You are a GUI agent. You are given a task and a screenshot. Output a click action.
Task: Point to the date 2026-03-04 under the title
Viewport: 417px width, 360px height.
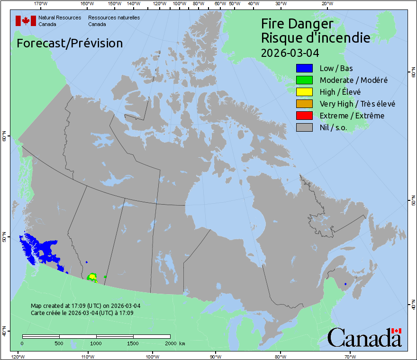[x=289, y=52]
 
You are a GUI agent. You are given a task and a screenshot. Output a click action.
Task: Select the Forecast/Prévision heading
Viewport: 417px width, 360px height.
[x=70, y=43]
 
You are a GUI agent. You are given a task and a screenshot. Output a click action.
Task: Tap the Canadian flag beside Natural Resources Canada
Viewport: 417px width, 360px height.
[x=26, y=21]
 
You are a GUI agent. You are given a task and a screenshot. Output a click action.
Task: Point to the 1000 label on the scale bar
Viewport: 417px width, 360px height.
[x=96, y=343]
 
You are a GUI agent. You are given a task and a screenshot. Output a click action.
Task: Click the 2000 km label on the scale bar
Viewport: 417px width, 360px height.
[x=175, y=343]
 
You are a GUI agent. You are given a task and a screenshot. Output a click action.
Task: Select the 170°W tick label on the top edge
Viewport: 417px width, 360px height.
[x=41, y=4]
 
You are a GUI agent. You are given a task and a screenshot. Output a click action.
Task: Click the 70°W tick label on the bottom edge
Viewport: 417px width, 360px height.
[x=350, y=356]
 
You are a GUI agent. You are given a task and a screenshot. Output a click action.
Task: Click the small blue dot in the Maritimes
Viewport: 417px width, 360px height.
[x=345, y=284]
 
